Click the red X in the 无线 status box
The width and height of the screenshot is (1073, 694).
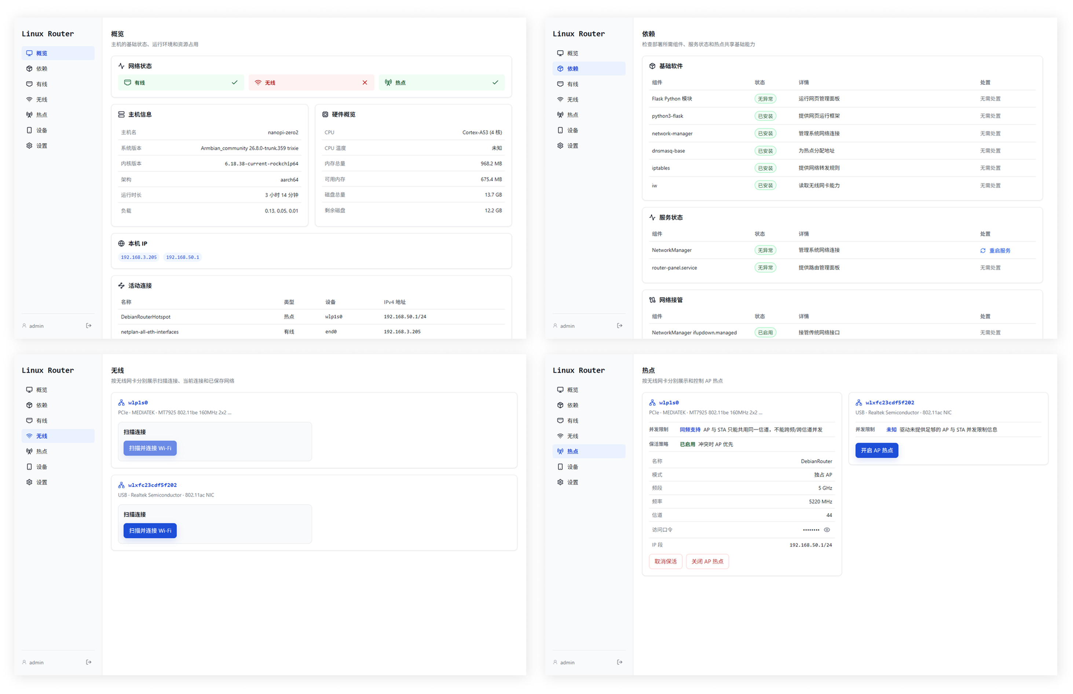point(365,82)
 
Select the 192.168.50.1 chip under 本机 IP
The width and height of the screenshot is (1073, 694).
point(183,257)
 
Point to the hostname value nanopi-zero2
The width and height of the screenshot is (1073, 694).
point(283,132)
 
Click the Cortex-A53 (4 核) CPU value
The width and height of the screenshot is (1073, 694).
point(482,132)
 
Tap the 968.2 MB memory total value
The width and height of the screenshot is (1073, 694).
point(491,164)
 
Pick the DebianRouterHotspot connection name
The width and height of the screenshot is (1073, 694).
point(146,317)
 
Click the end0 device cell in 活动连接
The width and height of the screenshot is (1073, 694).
point(331,332)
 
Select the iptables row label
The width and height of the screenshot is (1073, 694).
point(661,168)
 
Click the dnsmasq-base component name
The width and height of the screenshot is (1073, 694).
point(668,151)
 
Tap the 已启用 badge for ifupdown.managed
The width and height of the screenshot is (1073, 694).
point(765,333)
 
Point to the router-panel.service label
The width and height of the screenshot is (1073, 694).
point(674,268)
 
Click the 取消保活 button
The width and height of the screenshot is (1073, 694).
point(665,562)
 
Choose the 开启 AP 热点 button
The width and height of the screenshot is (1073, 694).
point(876,450)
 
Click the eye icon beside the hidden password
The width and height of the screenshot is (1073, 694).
point(827,530)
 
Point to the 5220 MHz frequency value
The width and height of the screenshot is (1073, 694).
point(820,502)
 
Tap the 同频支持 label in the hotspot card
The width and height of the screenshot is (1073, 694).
point(690,429)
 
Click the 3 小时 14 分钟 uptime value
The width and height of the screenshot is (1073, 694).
point(281,195)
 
